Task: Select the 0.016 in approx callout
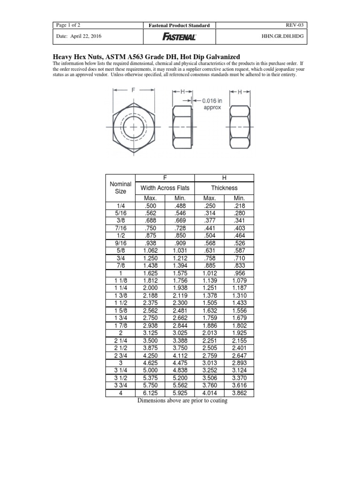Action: tap(213, 104)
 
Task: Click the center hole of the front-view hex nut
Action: tap(133, 127)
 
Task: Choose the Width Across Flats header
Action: tap(165, 188)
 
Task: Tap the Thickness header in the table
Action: tap(224, 188)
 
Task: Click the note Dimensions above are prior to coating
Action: tap(182, 401)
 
